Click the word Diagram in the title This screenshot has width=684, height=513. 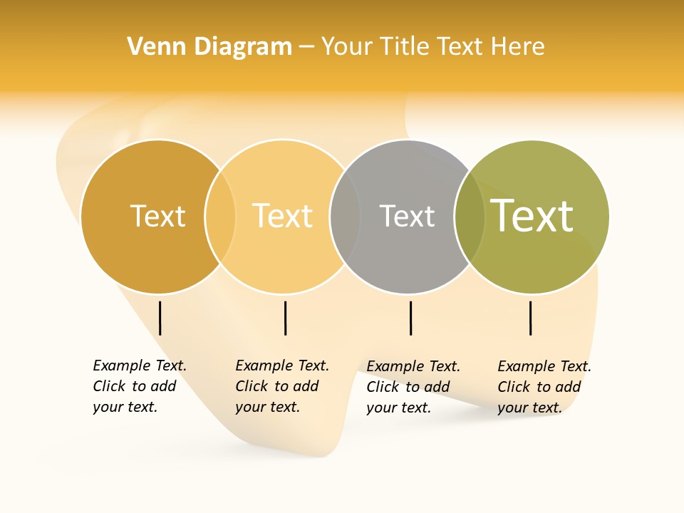pyautogui.click(x=243, y=46)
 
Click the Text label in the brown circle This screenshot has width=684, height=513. pyautogui.click(x=157, y=216)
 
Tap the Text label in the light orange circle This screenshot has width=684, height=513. pyautogui.click(x=282, y=216)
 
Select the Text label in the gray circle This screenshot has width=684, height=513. pyautogui.click(x=407, y=216)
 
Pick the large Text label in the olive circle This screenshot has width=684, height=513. pyautogui.click(x=532, y=216)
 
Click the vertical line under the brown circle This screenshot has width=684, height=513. pyautogui.click(x=160, y=318)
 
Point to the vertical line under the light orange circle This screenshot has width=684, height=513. pyautogui.click(x=285, y=318)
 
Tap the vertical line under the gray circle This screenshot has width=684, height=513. pyautogui.click(x=410, y=318)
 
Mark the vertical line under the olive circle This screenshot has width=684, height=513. pyautogui.click(x=531, y=318)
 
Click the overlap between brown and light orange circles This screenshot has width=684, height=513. pyautogui.click(x=220, y=216)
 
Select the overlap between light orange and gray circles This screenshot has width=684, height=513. pyautogui.click(x=345, y=216)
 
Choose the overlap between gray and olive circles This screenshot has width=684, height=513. pyautogui.click(x=470, y=216)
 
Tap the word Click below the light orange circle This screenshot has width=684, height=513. pyautogui.click(x=252, y=386)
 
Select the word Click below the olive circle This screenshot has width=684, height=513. pyautogui.click(x=514, y=387)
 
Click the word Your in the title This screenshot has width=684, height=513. pyautogui.click(x=348, y=46)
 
